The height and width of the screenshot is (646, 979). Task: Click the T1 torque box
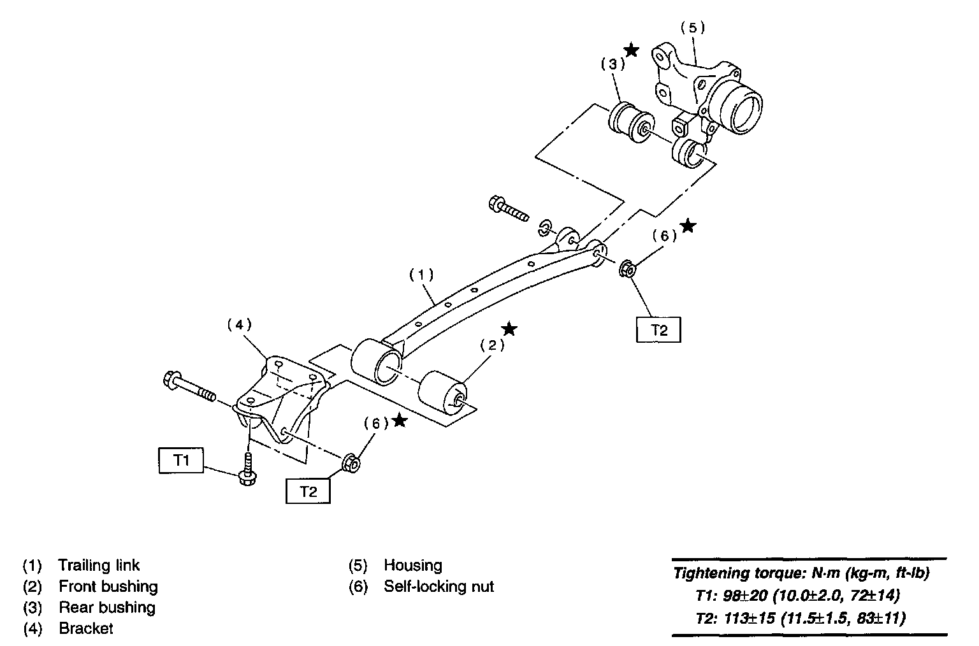click(182, 460)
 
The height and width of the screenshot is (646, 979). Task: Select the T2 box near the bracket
click(308, 492)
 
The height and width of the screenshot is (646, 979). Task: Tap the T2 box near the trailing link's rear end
click(659, 330)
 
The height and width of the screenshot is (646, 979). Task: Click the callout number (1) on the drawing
click(421, 275)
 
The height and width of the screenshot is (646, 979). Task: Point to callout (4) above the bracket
click(239, 324)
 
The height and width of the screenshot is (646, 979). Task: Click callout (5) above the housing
click(693, 27)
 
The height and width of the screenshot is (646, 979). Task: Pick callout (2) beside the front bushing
click(492, 345)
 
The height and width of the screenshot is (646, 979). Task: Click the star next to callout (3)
click(631, 50)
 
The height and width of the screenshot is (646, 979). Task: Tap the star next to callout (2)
click(509, 329)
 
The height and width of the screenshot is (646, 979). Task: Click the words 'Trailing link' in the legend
click(99, 565)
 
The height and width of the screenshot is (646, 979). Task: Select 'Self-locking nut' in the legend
click(439, 586)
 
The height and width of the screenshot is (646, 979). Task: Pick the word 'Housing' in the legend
click(412, 565)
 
